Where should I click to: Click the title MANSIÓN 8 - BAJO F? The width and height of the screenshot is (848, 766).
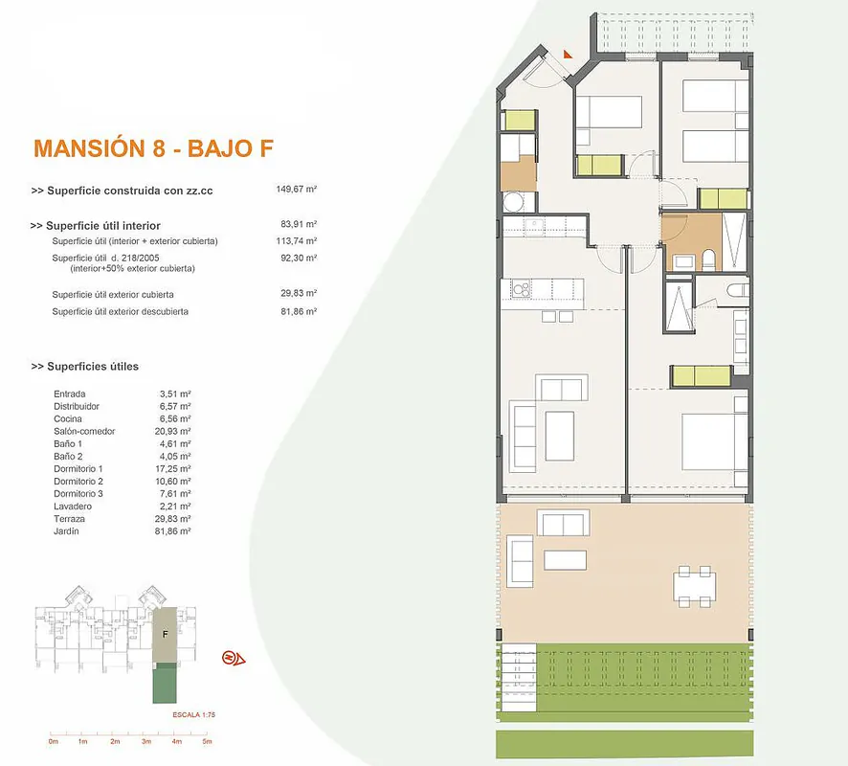coord(153,148)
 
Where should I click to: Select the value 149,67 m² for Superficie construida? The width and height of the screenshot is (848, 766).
coord(297,190)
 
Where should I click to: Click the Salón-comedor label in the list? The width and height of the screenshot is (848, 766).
coord(84,431)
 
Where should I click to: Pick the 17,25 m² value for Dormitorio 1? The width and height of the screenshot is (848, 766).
coord(173,468)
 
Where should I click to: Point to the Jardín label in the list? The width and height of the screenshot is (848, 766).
coord(66,531)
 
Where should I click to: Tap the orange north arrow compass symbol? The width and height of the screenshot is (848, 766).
coord(234,659)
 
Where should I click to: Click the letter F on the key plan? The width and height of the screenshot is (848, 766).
coord(166,634)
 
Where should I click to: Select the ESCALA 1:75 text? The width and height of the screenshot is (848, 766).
coord(193,714)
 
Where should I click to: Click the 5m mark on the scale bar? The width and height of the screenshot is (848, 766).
coord(207,741)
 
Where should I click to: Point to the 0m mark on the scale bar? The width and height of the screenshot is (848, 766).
coord(53,741)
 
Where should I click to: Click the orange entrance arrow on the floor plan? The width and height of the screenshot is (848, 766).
coord(568,54)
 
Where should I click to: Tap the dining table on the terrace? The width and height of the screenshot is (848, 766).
coord(695,586)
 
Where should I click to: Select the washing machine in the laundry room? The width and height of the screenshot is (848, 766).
coord(513,203)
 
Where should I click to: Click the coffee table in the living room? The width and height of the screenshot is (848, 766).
coord(559,436)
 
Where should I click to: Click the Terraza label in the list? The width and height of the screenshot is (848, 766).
coord(69,519)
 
